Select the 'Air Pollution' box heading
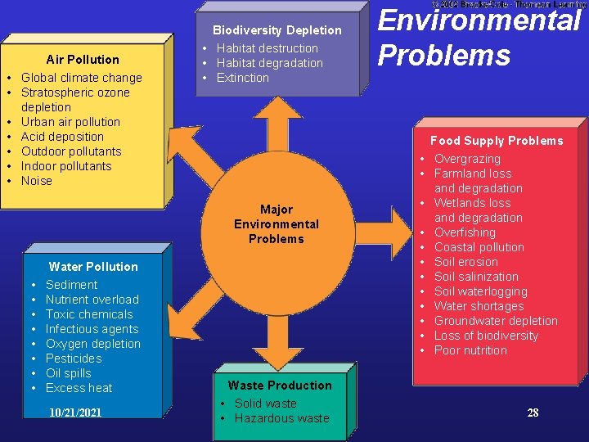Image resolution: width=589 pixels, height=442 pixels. click(83, 60)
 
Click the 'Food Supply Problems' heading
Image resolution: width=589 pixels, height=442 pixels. click(497, 141)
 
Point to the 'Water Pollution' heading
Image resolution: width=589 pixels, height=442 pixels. click(93, 267)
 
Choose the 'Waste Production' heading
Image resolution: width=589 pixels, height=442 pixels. click(280, 386)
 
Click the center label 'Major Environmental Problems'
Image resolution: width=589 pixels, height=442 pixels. click(277, 224)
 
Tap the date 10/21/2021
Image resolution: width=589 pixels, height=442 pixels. click(75, 413)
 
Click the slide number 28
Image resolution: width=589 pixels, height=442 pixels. click(533, 413)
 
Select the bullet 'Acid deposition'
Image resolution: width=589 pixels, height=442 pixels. click(62, 137)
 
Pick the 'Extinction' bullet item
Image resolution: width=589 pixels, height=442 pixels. click(242, 78)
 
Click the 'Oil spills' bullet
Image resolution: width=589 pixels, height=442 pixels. click(68, 373)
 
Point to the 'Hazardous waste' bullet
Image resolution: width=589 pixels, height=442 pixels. click(281, 418)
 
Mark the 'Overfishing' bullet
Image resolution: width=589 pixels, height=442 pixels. click(465, 232)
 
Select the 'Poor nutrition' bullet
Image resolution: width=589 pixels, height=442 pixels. click(470, 350)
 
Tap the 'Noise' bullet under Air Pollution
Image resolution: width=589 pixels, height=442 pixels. click(37, 181)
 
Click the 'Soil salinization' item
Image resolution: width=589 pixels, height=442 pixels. click(476, 277)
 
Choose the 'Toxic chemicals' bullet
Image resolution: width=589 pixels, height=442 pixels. click(89, 314)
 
